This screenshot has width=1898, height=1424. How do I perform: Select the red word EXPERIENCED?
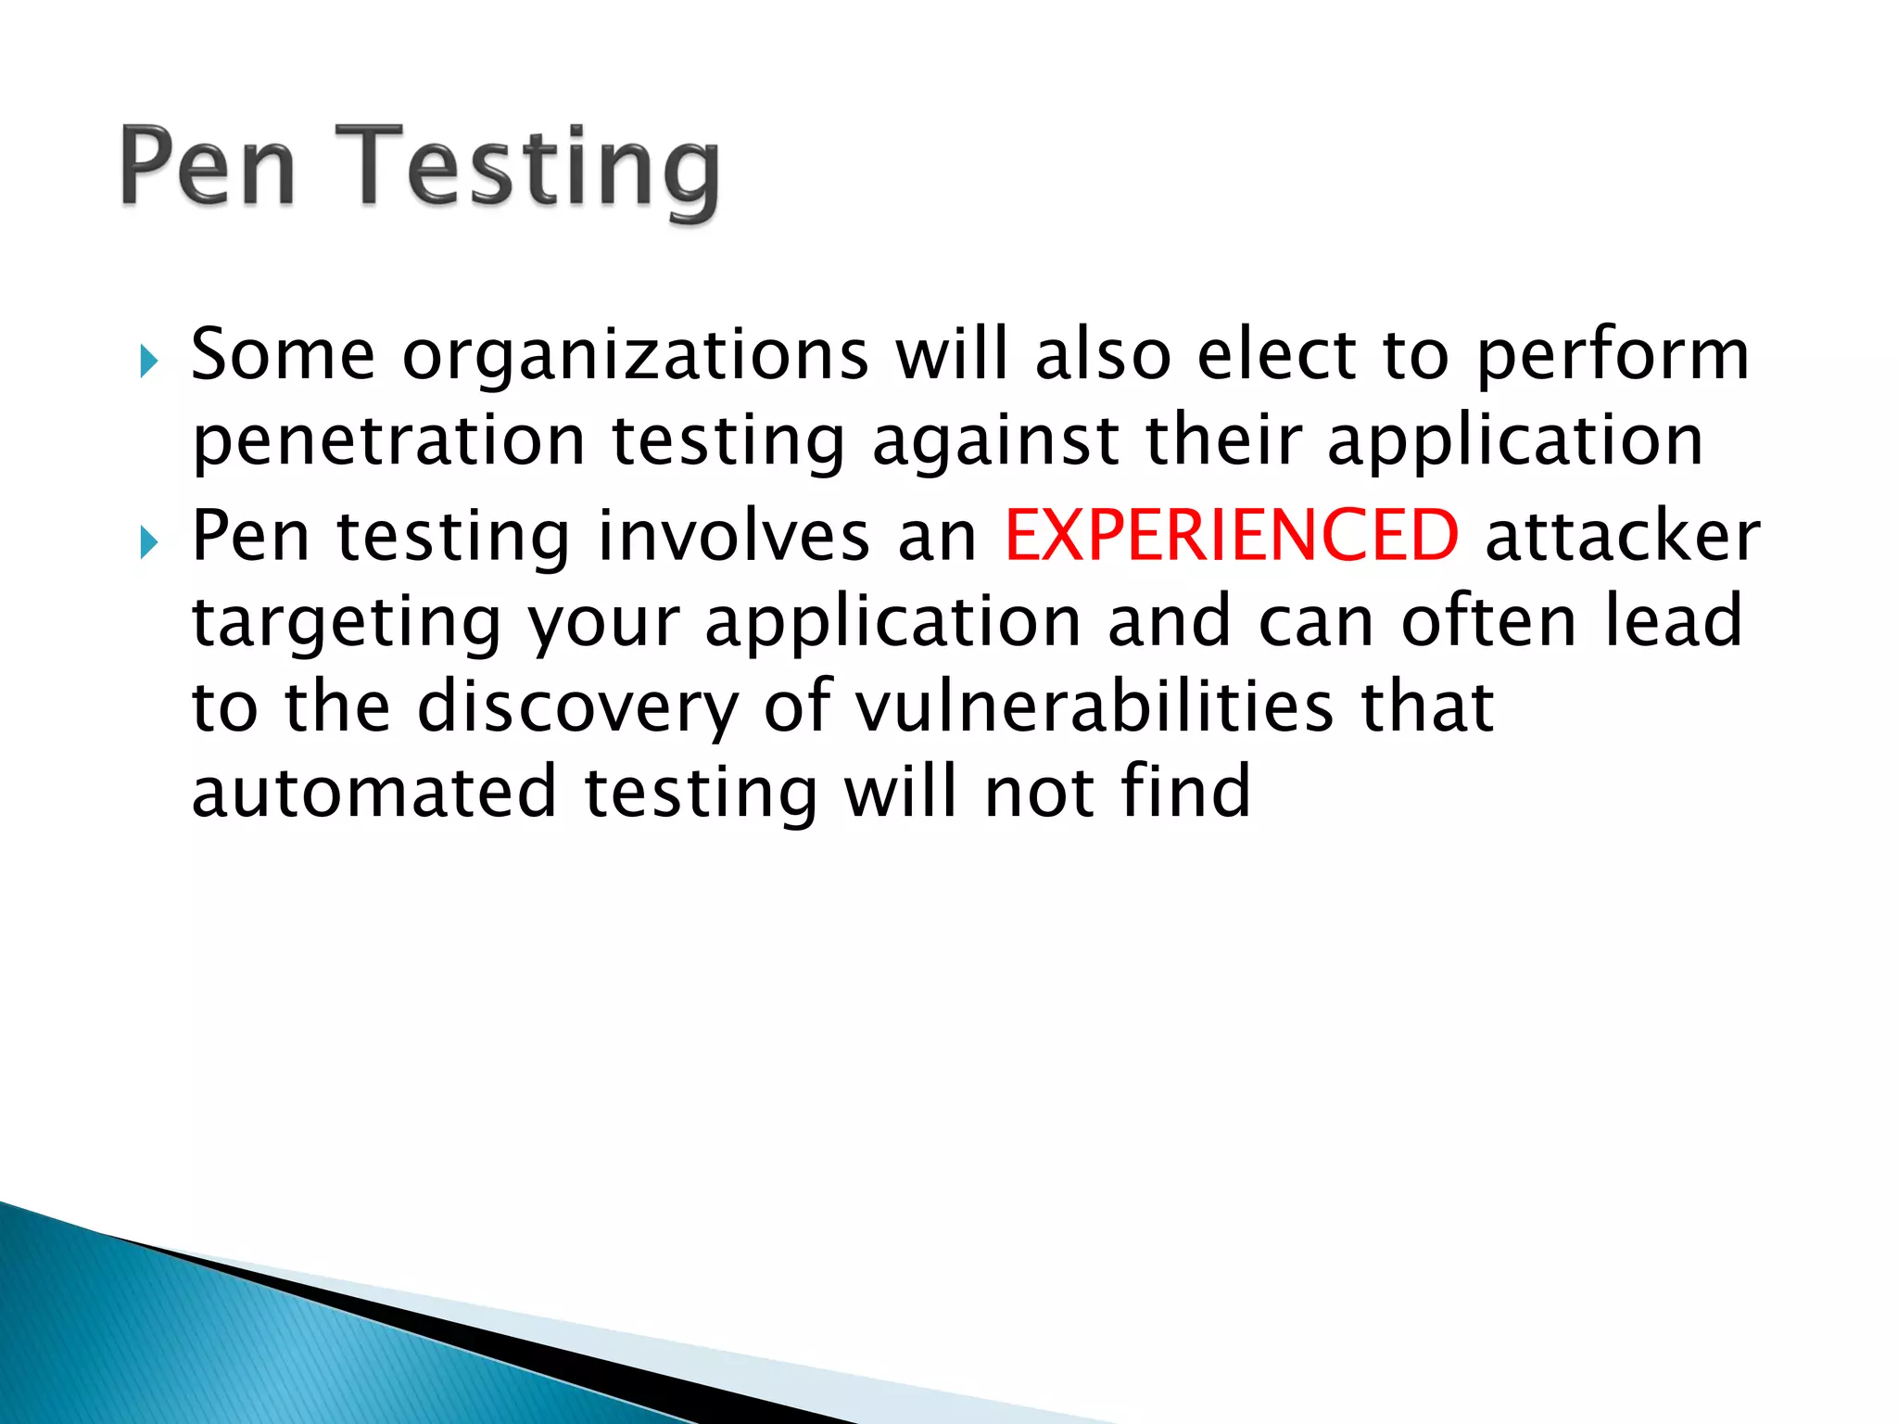coord(1232,536)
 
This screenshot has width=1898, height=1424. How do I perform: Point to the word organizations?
coord(636,357)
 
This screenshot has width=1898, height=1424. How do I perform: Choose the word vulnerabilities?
coord(1094,706)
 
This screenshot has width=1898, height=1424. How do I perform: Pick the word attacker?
coord(1622,536)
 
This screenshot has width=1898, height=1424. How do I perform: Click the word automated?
coord(374,792)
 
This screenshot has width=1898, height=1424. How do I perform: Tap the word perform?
coord(1613,357)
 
